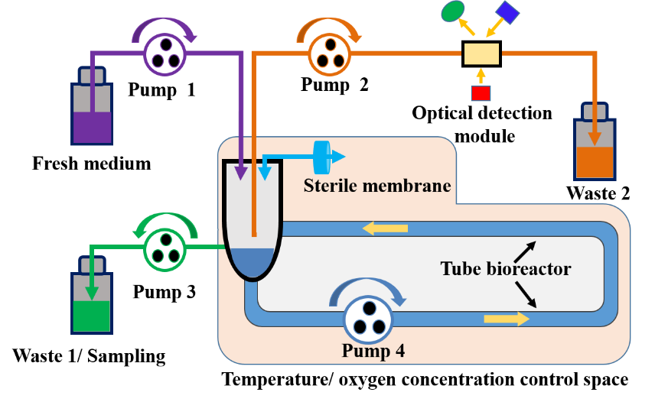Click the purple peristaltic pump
click(x=165, y=53)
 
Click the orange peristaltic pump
click(x=329, y=54)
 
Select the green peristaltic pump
click(x=165, y=248)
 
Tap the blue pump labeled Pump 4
click(x=367, y=319)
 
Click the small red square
click(x=481, y=93)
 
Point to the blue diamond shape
click(x=507, y=12)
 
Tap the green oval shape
click(x=453, y=10)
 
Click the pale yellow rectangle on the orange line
click(x=481, y=54)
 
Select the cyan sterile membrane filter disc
click(x=322, y=156)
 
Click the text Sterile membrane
click(x=376, y=186)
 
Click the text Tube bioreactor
click(x=505, y=269)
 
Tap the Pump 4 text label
click(x=373, y=352)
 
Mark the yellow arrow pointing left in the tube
click(x=385, y=228)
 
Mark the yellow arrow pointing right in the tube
click(x=507, y=318)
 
